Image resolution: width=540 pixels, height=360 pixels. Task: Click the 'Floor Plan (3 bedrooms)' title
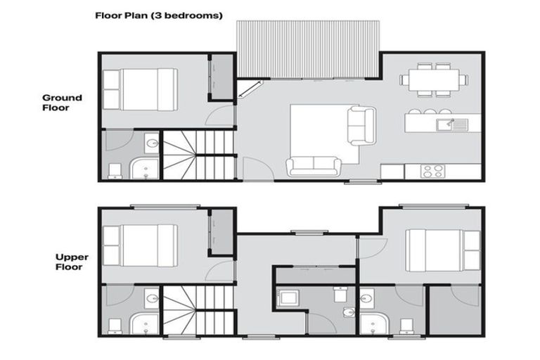pyautogui.click(x=159, y=14)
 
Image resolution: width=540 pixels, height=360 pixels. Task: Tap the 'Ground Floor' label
pyautogui.click(x=62, y=103)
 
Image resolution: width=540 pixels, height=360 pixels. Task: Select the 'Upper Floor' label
pyautogui.click(x=71, y=262)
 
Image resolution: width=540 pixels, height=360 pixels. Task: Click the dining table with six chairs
pyautogui.click(x=432, y=79)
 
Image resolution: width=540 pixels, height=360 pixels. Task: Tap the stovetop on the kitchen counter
pyautogui.click(x=431, y=171)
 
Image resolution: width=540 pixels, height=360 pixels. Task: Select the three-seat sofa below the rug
pyautogui.click(x=314, y=167)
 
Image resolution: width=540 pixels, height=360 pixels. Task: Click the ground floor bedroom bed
pyautogui.click(x=139, y=89)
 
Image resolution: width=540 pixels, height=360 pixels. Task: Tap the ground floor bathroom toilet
pyautogui.click(x=115, y=169)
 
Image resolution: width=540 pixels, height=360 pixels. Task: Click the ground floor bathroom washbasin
pyautogui.click(x=151, y=145)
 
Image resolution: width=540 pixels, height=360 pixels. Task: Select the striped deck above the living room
pyautogui.click(x=308, y=49)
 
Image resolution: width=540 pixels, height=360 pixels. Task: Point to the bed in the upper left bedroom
pyautogui.click(x=139, y=245)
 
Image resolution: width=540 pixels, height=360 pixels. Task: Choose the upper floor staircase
pyautogui.click(x=198, y=310)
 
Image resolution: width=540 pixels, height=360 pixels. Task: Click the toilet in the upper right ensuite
pyautogui.click(x=406, y=325)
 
